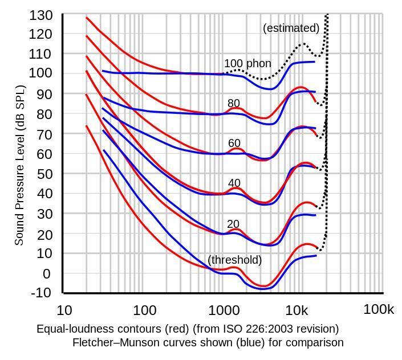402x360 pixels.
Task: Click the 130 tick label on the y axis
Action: [x=40, y=15]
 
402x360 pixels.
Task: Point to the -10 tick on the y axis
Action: [x=40, y=293]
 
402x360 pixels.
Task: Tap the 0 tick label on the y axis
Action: [x=47, y=273]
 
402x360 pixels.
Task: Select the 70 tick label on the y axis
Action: [x=44, y=134]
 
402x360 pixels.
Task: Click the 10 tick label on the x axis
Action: [x=64, y=310]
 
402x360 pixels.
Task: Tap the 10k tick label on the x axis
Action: [x=298, y=310]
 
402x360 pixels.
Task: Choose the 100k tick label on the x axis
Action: [x=379, y=310]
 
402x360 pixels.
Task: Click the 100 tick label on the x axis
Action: [x=145, y=310]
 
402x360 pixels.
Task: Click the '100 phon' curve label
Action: [x=247, y=64]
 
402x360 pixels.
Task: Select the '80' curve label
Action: [x=234, y=104]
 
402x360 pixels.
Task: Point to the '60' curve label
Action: [x=234, y=144]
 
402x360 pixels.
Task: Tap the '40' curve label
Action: [x=234, y=183]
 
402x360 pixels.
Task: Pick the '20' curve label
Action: [x=233, y=224]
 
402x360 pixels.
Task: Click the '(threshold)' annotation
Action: [x=235, y=260]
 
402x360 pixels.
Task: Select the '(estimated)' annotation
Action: [x=291, y=28]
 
